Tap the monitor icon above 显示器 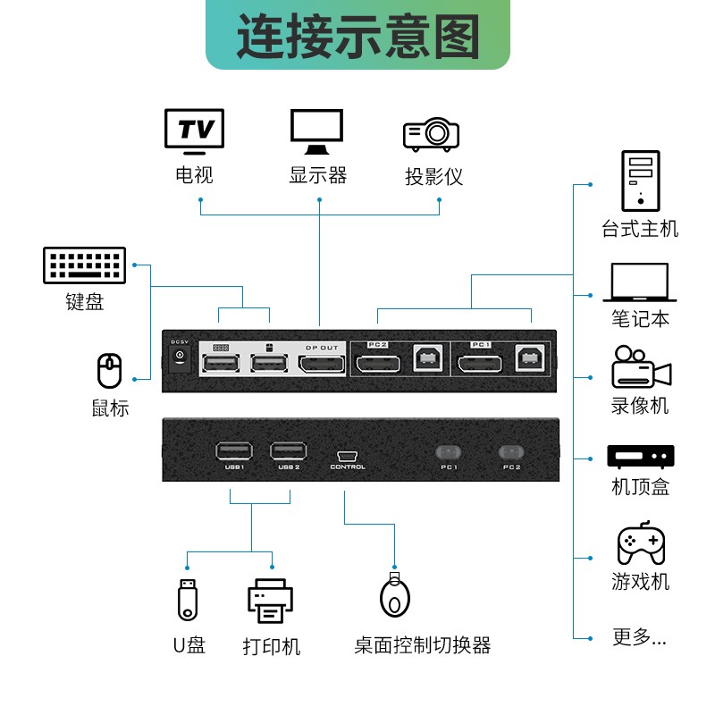[x=316, y=131]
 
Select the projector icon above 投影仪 [x=432, y=134]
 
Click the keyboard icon [x=84, y=265]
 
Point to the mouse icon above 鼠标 [x=109, y=372]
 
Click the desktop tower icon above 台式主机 [x=640, y=181]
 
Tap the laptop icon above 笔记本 [x=640, y=282]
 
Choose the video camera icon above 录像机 [x=640, y=367]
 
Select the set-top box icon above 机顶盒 [x=640, y=456]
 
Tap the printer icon [x=270, y=601]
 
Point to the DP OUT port [x=322, y=364]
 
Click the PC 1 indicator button [x=449, y=452]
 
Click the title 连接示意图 [x=357, y=36]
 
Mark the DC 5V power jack [x=180, y=357]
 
